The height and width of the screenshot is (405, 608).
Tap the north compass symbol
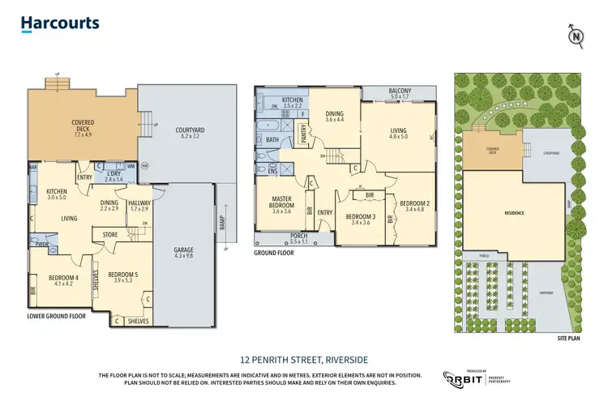tap(575, 36)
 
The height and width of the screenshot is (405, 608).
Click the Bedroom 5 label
tap(124, 279)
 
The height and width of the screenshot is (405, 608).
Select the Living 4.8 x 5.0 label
tap(397, 133)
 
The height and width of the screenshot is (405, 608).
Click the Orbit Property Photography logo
tap(477, 378)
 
